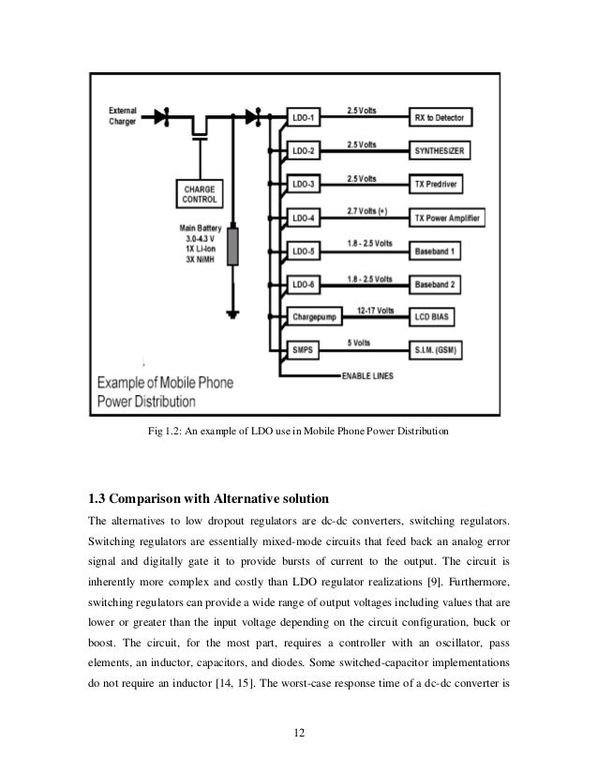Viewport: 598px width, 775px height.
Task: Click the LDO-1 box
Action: click(x=306, y=118)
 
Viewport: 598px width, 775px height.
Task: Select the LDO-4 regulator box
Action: click(x=306, y=218)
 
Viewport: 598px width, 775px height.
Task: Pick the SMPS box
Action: click(x=306, y=351)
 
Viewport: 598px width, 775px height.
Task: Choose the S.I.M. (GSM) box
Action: click(x=441, y=351)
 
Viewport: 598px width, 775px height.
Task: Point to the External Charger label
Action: click(x=124, y=114)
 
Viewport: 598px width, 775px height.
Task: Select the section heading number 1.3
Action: click(x=99, y=497)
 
